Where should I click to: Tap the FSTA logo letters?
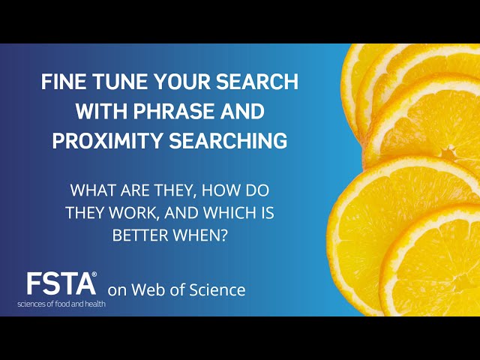(60, 284)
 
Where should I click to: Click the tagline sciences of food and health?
(61, 304)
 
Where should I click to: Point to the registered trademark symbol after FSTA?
(94, 275)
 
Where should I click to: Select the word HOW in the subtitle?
(229, 190)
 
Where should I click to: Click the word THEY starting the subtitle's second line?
(84, 212)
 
